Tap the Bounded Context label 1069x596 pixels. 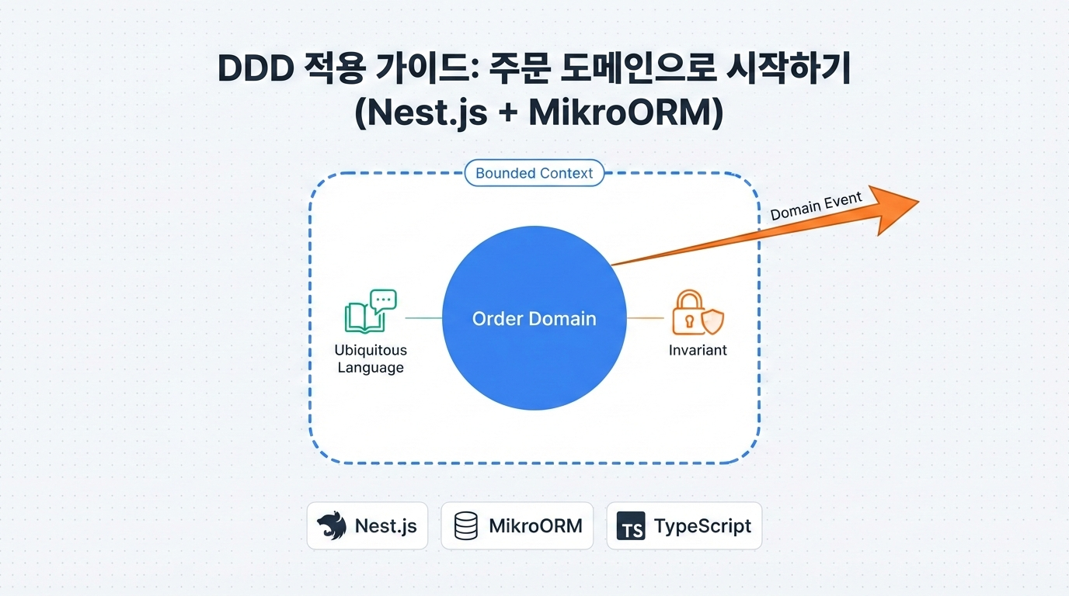point(534,173)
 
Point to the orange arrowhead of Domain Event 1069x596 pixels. point(893,207)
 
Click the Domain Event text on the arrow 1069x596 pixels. point(816,206)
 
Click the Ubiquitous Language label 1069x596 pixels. point(371,359)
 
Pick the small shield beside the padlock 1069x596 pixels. point(712,321)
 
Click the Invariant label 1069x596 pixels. point(698,350)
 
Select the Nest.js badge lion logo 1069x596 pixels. point(332,526)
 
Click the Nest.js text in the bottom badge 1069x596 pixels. point(385,526)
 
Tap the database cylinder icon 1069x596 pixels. point(466,526)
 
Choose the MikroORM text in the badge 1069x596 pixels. point(535,526)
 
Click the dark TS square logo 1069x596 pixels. point(630,526)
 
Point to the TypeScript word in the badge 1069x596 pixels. point(702,526)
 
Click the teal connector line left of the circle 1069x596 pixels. point(423,317)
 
